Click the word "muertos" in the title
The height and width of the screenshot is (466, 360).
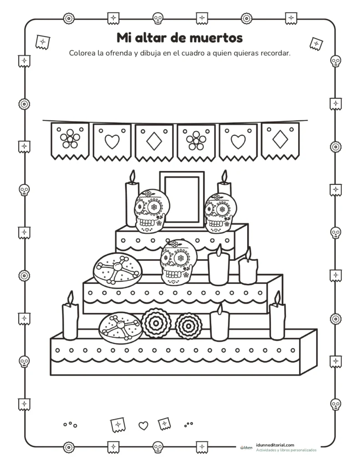click(216, 38)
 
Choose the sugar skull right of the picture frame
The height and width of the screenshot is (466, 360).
click(220, 213)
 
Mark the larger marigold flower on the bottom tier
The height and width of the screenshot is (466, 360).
click(156, 324)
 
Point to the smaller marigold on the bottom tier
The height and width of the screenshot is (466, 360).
click(189, 326)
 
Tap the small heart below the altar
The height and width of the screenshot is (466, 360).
click(143, 425)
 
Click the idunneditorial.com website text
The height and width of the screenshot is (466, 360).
click(275, 445)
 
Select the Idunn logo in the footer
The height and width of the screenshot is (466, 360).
click(246, 447)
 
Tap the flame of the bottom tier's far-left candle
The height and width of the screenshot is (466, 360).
click(71, 298)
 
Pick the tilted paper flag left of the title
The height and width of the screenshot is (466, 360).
click(42, 42)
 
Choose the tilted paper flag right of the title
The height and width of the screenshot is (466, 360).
click(316, 44)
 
